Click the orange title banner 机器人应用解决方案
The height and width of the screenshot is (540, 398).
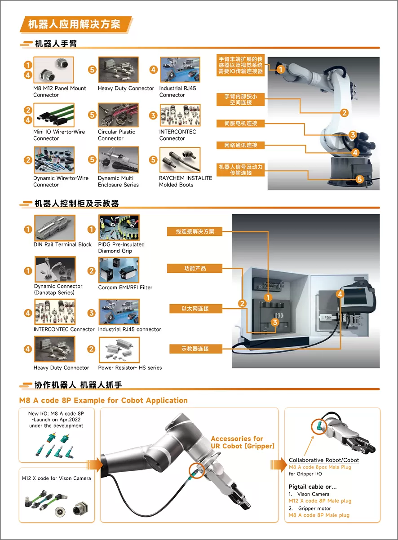tap(76, 24)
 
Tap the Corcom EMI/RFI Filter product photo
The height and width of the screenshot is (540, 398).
tap(119, 270)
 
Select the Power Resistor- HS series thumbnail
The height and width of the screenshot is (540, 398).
tap(119, 350)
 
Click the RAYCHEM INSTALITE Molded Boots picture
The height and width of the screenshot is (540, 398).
tap(180, 160)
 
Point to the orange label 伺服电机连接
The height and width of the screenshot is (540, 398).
tap(241, 124)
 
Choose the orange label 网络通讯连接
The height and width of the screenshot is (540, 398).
tap(241, 145)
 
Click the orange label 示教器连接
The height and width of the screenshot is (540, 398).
tap(195, 349)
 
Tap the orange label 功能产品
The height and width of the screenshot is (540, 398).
tap(195, 268)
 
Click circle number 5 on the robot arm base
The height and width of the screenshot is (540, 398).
tap(360, 179)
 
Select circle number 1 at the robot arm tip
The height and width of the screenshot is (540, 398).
tap(280, 70)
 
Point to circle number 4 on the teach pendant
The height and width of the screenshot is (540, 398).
tap(340, 294)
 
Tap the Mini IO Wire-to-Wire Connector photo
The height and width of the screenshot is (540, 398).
tap(54, 115)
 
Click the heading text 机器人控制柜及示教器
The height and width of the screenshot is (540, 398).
tap(77, 204)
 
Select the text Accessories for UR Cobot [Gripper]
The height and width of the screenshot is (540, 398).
tap(243, 442)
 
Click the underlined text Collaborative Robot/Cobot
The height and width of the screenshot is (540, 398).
tap(324, 460)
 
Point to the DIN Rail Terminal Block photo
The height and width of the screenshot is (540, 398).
tap(55, 228)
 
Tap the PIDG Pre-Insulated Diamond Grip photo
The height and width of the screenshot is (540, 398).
tap(119, 228)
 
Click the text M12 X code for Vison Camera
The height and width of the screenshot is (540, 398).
tap(57, 478)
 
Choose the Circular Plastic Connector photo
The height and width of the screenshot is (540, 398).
tap(118, 115)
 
